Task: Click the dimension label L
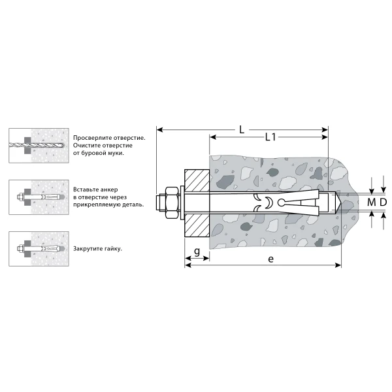click(242, 130)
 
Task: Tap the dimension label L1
click(270, 137)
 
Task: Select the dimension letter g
click(197, 251)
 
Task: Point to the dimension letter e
click(270, 259)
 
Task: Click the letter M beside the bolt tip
click(372, 202)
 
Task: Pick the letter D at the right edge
click(383, 202)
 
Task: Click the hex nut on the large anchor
click(172, 203)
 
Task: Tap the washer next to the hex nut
click(182, 203)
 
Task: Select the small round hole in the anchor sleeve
click(281, 202)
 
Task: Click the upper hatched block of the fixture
click(197, 181)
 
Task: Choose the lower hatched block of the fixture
click(197, 225)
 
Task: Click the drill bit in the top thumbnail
click(36, 145)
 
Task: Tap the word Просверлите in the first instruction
click(93, 138)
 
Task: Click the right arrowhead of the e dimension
click(338, 265)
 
